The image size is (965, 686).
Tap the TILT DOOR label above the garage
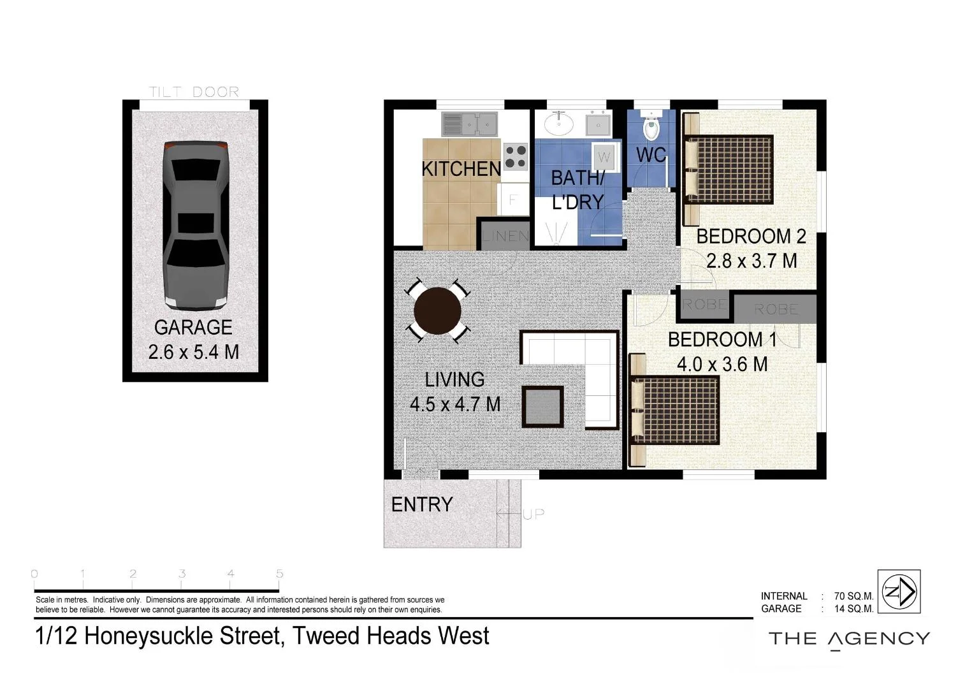coord(194,92)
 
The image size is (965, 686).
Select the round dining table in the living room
coord(437,311)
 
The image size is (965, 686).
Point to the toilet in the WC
coord(651,129)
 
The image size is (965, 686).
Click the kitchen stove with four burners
coord(516,156)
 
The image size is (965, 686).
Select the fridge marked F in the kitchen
coord(513,200)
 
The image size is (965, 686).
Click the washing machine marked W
coord(604,157)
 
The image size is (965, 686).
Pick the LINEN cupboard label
coord(505,236)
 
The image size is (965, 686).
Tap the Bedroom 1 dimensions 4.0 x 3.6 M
coord(722,364)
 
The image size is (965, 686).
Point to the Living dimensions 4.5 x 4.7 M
coord(454,404)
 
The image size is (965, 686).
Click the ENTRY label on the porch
coord(421,504)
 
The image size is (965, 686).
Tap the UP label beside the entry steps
coord(533,514)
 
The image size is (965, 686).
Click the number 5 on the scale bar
coord(279,574)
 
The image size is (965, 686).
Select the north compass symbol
coord(899,592)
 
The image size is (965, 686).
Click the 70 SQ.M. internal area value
coord(853,596)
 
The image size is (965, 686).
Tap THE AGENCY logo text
coord(849,639)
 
